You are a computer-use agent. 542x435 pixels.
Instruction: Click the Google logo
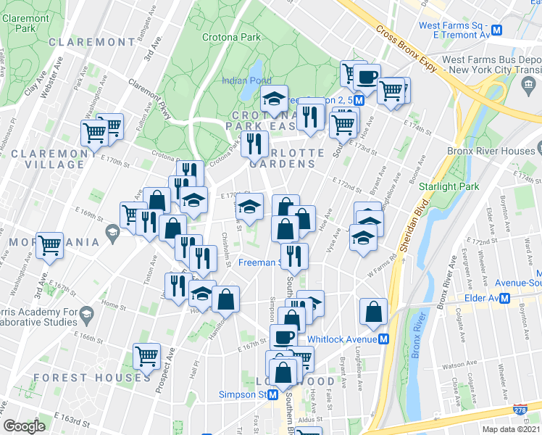click(x=25, y=426)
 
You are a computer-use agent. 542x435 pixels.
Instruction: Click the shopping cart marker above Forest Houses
click(x=147, y=356)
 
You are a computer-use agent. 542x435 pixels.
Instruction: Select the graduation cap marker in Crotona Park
click(x=275, y=98)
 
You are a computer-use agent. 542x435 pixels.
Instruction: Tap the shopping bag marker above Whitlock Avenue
click(x=373, y=311)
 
